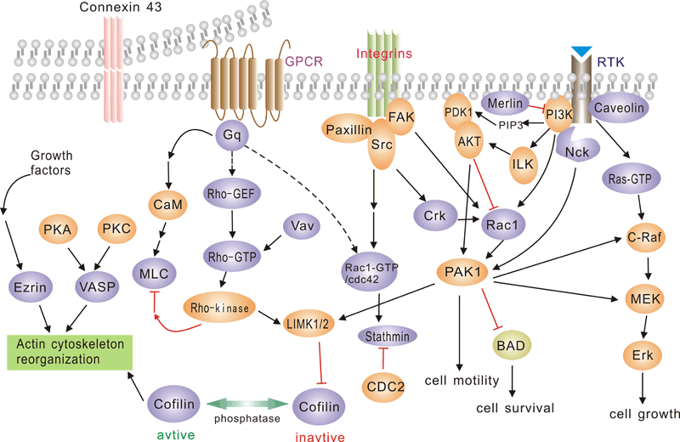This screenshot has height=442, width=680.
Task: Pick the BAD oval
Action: [x=513, y=345]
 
